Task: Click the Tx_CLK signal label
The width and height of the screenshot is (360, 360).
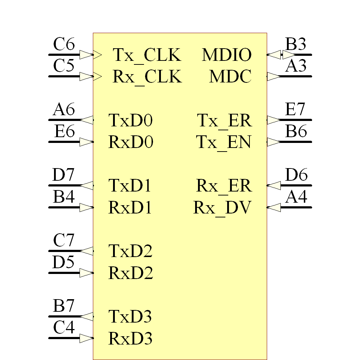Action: [x=147, y=55]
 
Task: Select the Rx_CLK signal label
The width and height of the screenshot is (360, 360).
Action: [x=147, y=77]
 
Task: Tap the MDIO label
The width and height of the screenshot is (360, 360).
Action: [x=227, y=55]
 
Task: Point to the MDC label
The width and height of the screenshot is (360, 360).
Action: [x=230, y=77]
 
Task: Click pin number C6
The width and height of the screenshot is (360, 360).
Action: [x=64, y=45]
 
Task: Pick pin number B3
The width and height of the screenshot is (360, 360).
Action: [x=296, y=45]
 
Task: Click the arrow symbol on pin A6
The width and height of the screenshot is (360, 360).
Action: [x=86, y=120]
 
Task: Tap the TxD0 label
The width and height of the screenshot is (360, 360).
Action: [x=131, y=121]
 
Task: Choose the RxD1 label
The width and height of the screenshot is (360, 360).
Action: [x=131, y=208]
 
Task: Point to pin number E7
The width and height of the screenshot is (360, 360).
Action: [x=296, y=110]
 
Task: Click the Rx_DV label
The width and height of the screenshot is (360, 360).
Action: [x=222, y=208]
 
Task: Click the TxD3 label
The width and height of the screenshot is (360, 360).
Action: [x=130, y=316]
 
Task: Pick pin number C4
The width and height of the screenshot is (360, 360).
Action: [x=64, y=328]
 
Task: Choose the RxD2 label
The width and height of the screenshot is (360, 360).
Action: [x=131, y=273]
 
